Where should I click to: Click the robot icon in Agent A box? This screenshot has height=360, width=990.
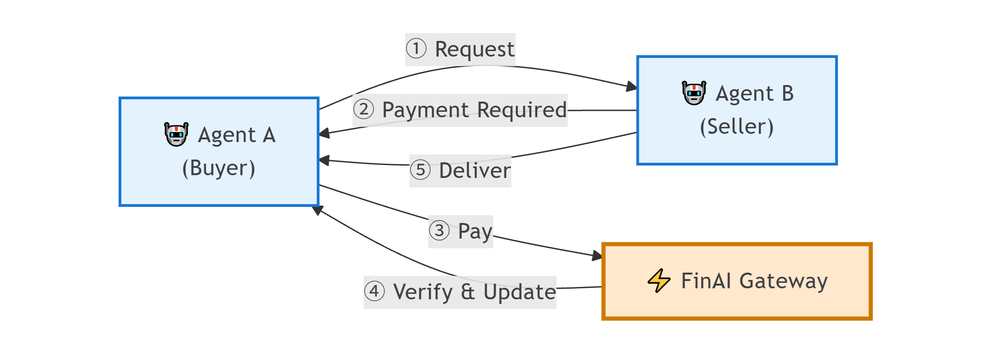[176, 134]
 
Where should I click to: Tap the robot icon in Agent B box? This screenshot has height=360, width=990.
[694, 93]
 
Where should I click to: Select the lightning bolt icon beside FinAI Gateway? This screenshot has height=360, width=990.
[659, 280]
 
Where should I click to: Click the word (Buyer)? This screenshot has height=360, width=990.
[219, 168]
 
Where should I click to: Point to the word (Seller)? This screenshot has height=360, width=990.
[737, 126]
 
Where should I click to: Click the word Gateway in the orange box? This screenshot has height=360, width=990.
[783, 281]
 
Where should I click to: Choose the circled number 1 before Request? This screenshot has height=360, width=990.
[416, 49]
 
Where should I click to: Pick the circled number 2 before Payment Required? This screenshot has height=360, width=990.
[364, 109]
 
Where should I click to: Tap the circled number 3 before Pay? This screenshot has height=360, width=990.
[439, 230]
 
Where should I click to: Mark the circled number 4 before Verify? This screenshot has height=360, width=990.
[374, 291]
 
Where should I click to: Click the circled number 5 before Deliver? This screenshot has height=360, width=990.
[420, 170]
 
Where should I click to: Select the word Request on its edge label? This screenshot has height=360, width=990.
[474, 49]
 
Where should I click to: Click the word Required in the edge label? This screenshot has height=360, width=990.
[522, 110]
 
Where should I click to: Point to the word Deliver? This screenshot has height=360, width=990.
[474, 171]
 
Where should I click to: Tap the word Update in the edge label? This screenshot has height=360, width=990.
[519, 292]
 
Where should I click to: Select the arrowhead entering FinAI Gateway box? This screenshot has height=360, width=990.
[597, 256]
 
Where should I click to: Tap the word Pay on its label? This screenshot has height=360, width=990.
[475, 231]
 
